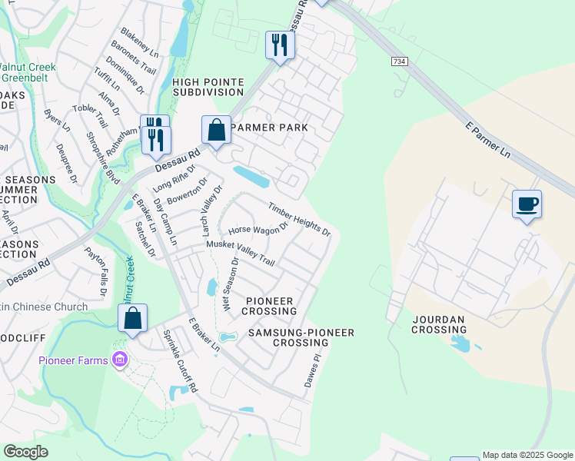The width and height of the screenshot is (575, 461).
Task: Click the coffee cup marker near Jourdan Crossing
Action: [527, 204]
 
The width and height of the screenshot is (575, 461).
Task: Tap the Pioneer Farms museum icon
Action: [119, 359]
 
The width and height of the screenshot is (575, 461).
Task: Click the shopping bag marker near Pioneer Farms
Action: [133, 318]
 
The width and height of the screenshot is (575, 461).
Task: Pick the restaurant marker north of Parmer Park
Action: [280, 45]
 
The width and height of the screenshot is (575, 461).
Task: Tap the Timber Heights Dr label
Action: [299, 219]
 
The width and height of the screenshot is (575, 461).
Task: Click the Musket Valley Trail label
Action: [241, 254]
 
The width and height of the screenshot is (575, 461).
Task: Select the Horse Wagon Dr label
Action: [258, 228]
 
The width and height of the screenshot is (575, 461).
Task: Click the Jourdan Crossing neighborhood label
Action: [440, 323]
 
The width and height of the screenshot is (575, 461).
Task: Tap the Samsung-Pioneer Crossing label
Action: [301, 338]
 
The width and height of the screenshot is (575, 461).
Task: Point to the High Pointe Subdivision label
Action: [208, 87]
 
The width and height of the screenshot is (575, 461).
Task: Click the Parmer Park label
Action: [269, 128]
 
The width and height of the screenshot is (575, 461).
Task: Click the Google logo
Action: [25, 452]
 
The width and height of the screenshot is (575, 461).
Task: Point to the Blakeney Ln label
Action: [139, 44]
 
